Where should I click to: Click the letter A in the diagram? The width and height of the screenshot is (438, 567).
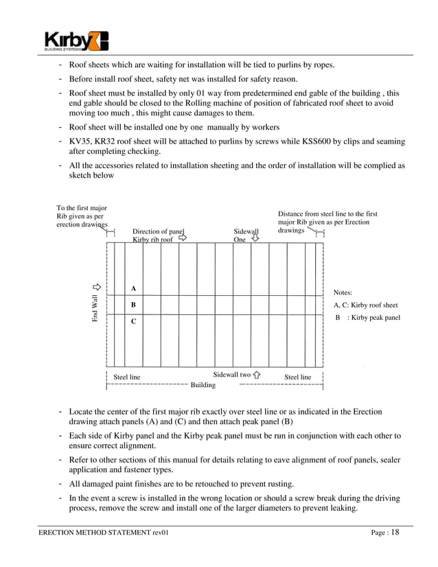[x=133, y=288]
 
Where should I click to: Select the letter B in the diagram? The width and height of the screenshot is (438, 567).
[x=133, y=304]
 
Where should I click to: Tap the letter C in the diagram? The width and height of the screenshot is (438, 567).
[x=133, y=321]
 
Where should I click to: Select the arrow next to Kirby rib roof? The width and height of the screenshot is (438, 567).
[x=182, y=240]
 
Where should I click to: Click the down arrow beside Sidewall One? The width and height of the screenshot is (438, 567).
[x=255, y=240]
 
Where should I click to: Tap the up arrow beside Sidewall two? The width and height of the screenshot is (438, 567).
[x=257, y=375]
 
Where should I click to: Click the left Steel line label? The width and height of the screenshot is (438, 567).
[x=126, y=378]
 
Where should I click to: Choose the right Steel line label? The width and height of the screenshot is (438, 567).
[x=297, y=378]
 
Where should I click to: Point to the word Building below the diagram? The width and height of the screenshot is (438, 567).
[x=203, y=386]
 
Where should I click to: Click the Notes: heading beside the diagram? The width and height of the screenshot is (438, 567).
[x=343, y=292]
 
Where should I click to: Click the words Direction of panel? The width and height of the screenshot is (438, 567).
[x=159, y=232]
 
